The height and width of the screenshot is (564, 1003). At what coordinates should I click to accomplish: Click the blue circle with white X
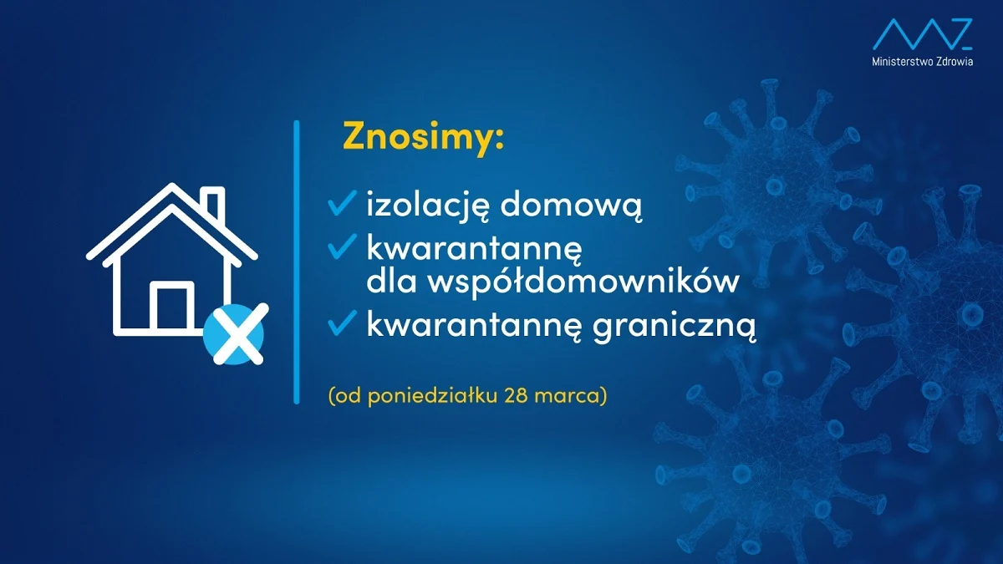(234, 334)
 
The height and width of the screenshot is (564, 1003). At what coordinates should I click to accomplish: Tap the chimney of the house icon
(213, 206)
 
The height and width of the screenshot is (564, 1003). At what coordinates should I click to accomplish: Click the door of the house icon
(172, 307)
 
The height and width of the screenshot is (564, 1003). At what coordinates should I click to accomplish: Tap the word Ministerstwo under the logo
(901, 63)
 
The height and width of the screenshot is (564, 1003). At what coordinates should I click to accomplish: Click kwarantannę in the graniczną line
(468, 326)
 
